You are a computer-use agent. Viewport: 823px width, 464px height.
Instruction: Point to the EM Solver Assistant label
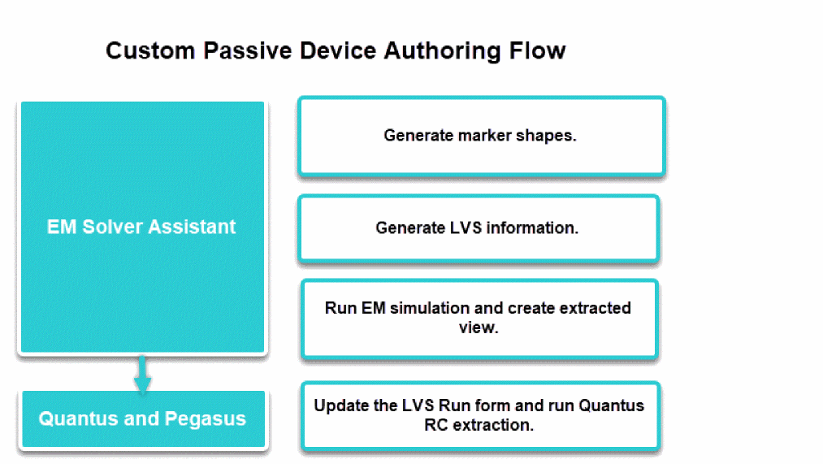tap(141, 227)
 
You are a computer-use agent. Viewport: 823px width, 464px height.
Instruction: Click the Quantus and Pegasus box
tap(142, 419)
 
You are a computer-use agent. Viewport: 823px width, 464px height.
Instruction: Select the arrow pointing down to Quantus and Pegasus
tap(142, 375)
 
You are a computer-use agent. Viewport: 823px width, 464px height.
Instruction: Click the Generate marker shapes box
tap(481, 136)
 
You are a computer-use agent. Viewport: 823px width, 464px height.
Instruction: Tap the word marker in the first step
tap(481, 136)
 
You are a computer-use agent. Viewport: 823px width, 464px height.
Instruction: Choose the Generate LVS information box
tap(478, 228)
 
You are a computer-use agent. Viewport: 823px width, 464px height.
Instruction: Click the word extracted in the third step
tap(593, 309)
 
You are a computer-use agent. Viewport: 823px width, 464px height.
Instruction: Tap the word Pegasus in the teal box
tap(206, 419)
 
